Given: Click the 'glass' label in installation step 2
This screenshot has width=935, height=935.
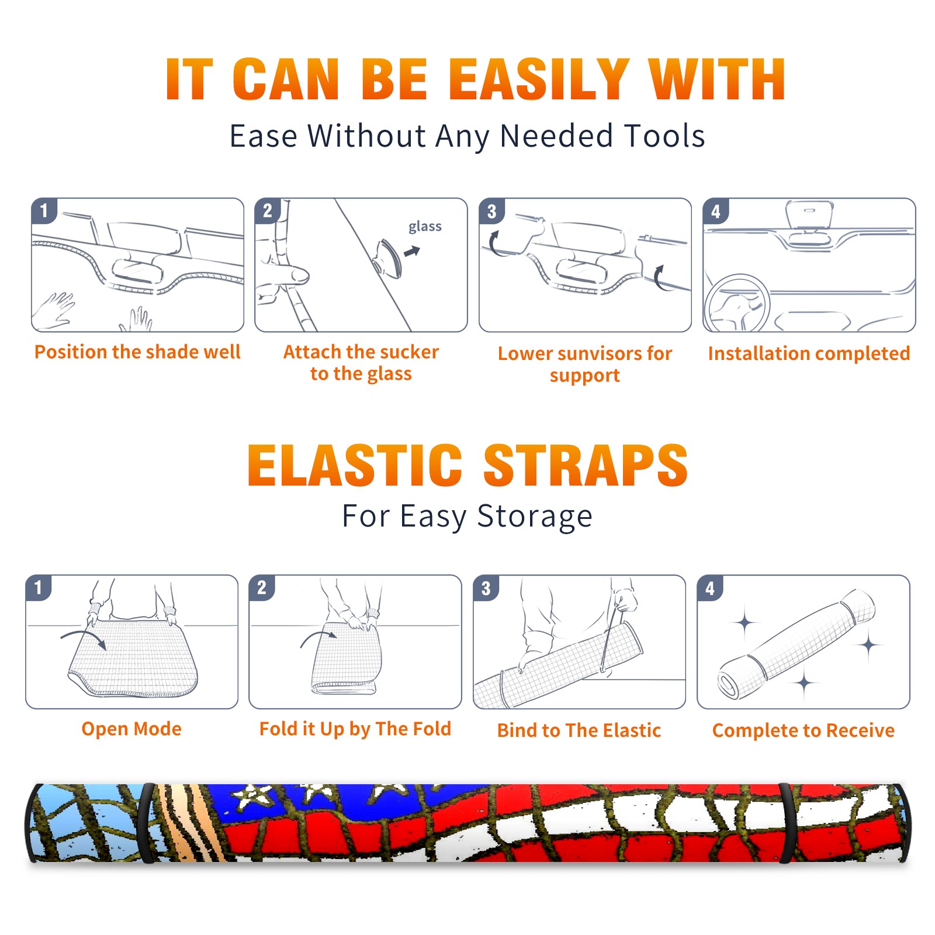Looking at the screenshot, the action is tap(425, 227).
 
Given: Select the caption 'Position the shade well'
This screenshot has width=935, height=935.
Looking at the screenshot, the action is tap(137, 352).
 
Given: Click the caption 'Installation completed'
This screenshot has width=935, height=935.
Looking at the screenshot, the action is tap(809, 354).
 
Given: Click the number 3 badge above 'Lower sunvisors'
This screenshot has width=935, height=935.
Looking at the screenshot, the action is tap(491, 212).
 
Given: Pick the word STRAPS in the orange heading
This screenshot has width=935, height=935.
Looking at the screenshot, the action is tap(586, 465).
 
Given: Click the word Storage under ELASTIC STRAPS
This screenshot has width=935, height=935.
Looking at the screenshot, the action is tap(535, 517).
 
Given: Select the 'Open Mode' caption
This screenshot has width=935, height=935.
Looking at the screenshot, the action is tap(131, 729).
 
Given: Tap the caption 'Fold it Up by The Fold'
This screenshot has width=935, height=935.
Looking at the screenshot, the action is tap(355, 729).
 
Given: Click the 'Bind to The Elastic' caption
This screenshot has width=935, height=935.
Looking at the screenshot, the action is tap(579, 730).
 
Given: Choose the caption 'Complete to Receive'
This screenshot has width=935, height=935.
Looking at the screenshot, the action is tap(804, 730).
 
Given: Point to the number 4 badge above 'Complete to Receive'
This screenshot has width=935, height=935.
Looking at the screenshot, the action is tap(710, 588).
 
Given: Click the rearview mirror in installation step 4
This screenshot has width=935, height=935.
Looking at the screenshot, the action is tap(809, 214).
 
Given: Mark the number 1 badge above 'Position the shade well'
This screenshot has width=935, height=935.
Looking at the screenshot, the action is tap(44, 210).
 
